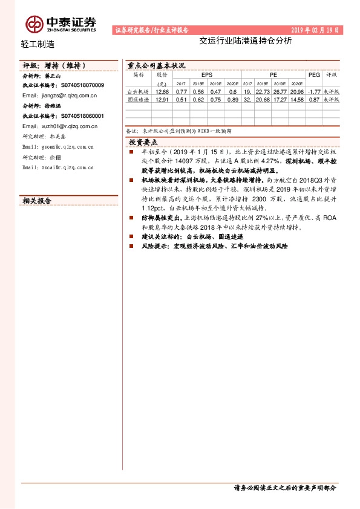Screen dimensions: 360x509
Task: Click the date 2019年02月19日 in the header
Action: point(316,30)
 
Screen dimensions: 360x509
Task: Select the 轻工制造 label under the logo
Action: point(37,44)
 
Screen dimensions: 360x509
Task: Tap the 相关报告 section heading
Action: point(37,201)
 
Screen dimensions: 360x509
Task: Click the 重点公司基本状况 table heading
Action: point(155,65)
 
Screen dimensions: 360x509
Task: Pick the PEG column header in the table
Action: point(313,75)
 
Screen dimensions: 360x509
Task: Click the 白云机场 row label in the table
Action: point(139,91)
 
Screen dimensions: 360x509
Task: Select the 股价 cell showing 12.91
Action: point(162,99)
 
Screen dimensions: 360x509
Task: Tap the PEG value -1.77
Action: point(313,91)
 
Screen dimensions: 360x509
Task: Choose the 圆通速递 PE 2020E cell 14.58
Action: point(297,99)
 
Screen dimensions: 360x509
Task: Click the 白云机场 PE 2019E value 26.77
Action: point(280,91)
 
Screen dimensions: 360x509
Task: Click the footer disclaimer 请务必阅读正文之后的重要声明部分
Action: point(284,488)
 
